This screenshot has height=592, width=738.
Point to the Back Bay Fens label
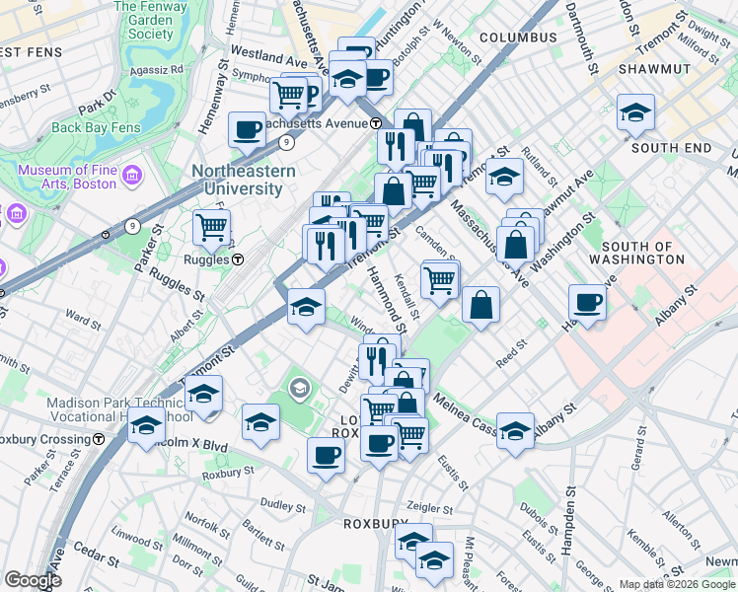(95, 127)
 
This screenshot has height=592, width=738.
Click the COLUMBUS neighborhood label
(518, 37)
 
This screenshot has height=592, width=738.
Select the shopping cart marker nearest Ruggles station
(211, 227)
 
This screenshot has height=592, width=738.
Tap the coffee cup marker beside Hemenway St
(247, 128)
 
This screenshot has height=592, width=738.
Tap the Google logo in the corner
(33, 580)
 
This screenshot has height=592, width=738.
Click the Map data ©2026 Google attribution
(677, 584)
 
